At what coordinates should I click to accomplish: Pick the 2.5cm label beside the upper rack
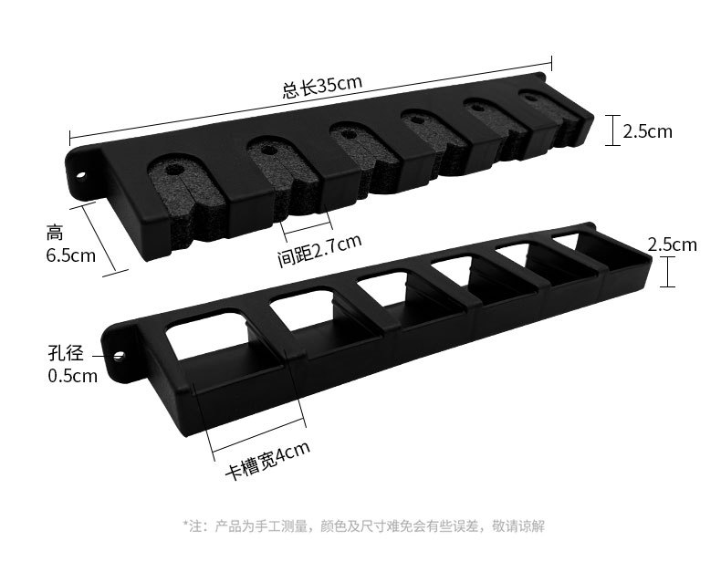pyautogui.click(x=647, y=131)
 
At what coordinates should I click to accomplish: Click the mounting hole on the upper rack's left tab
pyautogui.click(x=79, y=171)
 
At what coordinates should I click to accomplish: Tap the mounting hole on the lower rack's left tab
pyautogui.click(x=118, y=351)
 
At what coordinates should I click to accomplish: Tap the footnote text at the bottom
pyautogui.click(x=364, y=526)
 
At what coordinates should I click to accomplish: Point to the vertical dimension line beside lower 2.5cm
pyautogui.click(x=670, y=271)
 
